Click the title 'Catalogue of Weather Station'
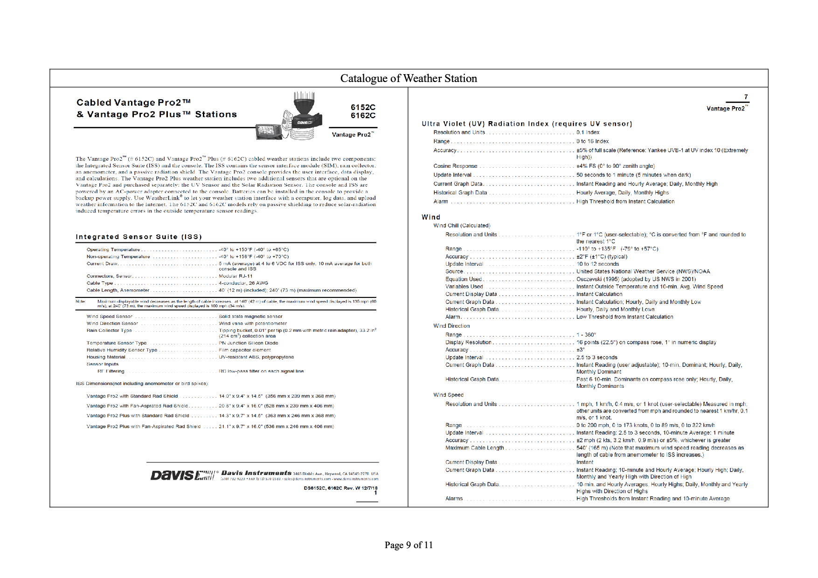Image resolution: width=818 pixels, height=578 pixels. (x=409, y=78)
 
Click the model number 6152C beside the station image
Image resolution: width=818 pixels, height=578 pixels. (x=363, y=107)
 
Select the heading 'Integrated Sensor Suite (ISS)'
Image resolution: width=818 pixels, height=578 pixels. (x=139, y=237)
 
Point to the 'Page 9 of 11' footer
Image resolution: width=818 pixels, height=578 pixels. (x=409, y=545)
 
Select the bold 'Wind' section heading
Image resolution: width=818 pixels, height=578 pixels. (x=431, y=217)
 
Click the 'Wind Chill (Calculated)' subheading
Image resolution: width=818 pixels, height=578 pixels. (x=462, y=226)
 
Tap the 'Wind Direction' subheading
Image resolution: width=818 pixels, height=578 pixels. (x=451, y=326)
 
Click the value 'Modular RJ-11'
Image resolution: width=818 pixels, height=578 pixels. (x=236, y=276)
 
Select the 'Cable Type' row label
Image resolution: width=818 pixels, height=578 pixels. (x=100, y=283)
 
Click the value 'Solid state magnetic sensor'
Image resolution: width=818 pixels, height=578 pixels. (x=250, y=317)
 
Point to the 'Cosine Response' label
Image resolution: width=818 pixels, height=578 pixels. (x=455, y=166)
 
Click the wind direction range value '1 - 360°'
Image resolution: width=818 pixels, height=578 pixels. (x=586, y=335)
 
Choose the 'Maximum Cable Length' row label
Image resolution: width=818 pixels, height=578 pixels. (x=474, y=448)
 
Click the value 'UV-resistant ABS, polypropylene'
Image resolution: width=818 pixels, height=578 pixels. (x=256, y=357)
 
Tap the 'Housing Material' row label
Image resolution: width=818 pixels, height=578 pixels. (x=106, y=357)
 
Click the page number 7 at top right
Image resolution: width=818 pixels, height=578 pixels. (x=746, y=97)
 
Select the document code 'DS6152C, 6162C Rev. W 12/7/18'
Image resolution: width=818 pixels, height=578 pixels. (x=340, y=488)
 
